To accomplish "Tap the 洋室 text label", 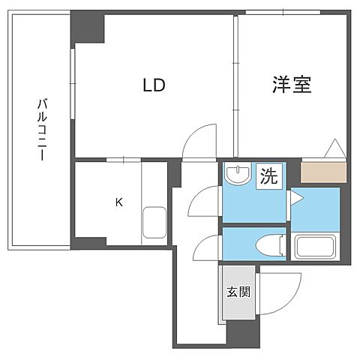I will [x=291, y=84].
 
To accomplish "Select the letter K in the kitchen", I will [x=118, y=201].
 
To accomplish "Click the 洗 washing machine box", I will [x=268, y=177].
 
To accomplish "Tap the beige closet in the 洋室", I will [x=324, y=172].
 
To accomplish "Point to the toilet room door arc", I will [x=205, y=247].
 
